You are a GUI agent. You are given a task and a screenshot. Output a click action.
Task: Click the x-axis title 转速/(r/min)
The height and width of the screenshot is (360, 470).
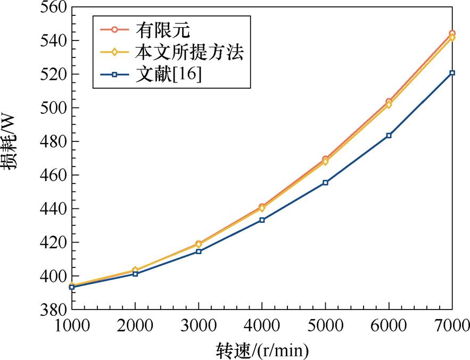(x=262, y=350)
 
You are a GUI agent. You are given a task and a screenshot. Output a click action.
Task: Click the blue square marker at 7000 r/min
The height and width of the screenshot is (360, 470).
(x=452, y=73)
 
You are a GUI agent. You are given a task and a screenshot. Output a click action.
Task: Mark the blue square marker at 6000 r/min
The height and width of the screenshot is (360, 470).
(x=389, y=136)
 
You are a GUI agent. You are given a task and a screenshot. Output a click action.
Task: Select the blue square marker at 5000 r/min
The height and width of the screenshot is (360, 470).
(x=325, y=182)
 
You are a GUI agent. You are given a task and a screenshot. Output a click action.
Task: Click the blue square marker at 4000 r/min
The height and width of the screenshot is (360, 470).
(x=262, y=220)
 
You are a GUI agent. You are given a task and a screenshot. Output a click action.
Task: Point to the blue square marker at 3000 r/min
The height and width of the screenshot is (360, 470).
(x=199, y=251)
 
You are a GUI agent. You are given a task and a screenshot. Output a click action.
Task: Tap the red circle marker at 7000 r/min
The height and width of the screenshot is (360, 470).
(x=452, y=34)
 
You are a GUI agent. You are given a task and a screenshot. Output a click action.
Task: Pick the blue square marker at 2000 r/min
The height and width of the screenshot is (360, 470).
(x=135, y=274)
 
